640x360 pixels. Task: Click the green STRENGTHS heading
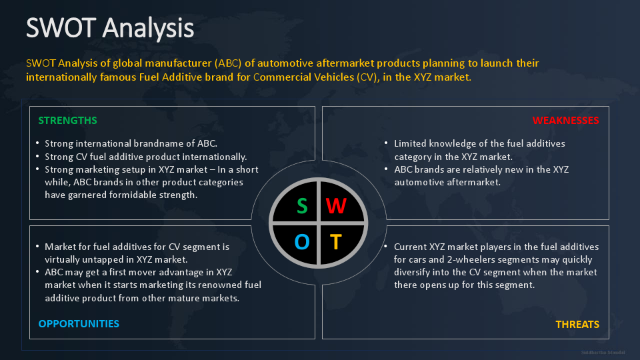(x=67, y=121)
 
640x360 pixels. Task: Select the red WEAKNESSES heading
(x=565, y=121)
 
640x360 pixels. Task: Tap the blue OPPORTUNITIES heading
(x=79, y=324)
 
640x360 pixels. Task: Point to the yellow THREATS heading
(x=577, y=325)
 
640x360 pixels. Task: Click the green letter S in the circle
(x=302, y=206)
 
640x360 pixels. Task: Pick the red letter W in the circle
(x=336, y=206)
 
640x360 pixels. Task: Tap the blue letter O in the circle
(x=302, y=241)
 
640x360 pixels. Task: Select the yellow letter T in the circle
(x=336, y=241)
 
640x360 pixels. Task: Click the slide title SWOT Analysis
(x=110, y=28)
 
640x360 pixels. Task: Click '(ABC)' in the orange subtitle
(x=231, y=63)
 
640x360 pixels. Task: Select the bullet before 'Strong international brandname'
(x=37, y=144)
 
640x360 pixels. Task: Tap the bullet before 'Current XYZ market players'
(x=386, y=247)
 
